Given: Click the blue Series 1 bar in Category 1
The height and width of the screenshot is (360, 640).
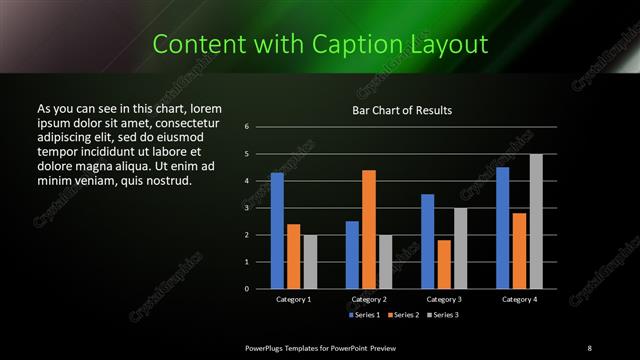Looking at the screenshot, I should (277, 231).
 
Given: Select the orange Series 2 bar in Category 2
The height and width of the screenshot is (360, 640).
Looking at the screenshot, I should (369, 229).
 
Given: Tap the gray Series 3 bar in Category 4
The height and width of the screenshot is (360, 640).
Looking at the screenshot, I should (536, 221).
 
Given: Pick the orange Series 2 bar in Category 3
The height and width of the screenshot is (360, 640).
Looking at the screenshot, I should (444, 264).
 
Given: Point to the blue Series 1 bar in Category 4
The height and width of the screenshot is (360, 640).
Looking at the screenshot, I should (502, 228).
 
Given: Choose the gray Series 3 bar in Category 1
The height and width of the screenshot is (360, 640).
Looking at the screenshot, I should (310, 262).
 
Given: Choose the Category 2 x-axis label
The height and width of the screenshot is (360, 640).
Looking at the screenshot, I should (369, 299).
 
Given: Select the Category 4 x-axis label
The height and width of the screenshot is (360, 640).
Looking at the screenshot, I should (519, 299).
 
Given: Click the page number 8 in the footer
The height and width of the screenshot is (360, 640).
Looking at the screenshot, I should (589, 347).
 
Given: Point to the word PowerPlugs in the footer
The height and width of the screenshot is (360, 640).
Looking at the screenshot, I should (269, 347).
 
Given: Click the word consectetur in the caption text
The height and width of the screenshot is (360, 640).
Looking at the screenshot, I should (178, 121).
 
